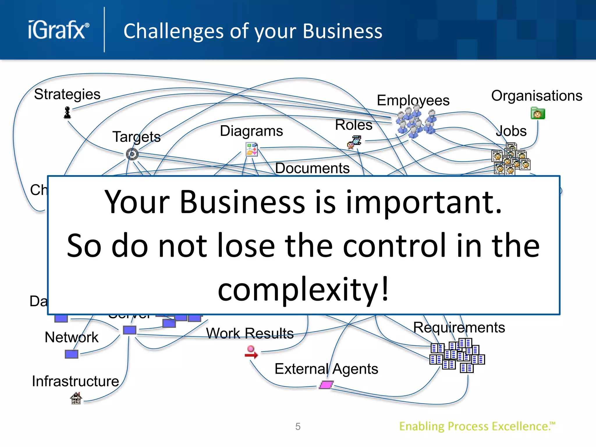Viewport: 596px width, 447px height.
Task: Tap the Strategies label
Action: click(67, 94)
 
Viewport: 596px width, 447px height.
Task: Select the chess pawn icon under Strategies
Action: click(67, 113)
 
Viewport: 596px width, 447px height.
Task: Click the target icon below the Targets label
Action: click(132, 154)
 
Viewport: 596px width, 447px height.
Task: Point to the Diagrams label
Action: click(251, 131)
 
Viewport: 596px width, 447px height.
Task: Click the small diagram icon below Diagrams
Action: click(251, 149)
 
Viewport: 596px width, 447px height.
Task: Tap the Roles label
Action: click(354, 125)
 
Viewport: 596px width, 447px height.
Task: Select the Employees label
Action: click(413, 100)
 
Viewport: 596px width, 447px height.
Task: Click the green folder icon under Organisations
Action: click(538, 113)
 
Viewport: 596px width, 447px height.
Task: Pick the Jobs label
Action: click(511, 131)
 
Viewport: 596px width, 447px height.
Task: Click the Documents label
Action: click(312, 168)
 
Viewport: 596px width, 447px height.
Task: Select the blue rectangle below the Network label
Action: click(72, 354)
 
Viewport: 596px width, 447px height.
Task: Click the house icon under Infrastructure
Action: click(76, 398)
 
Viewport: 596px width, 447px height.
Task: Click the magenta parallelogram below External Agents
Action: click(326, 385)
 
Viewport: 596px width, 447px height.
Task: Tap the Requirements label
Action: click(459, 328)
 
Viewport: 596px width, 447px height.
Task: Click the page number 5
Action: click(298, 427)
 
